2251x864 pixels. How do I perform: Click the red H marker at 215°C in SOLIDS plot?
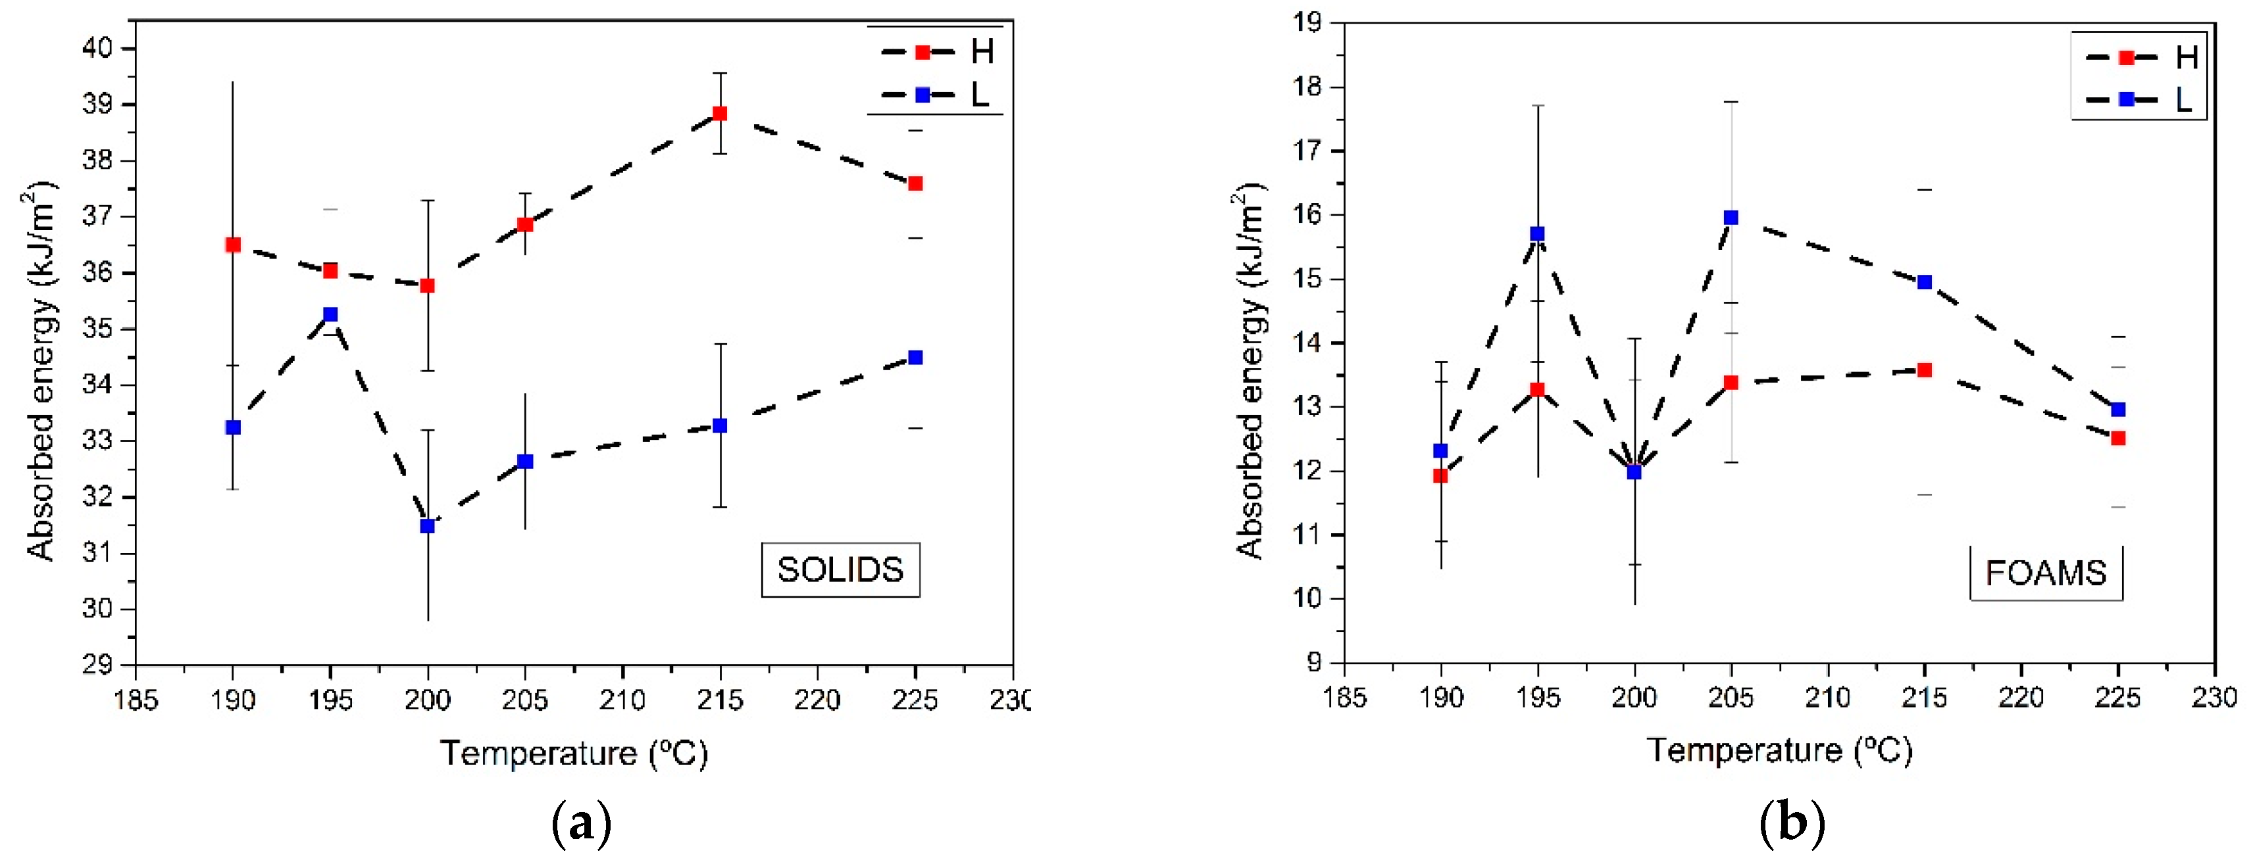point(719,114)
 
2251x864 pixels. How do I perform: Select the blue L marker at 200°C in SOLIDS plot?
point(427,526)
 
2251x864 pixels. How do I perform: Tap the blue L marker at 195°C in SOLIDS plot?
point(330,314)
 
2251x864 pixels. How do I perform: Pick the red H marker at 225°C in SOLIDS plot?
point(915,183)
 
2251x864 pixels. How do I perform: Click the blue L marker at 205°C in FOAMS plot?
point(1731,218)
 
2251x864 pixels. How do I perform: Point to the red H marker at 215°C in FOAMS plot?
point(1924,370)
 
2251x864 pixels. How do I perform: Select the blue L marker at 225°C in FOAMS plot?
point(2118,410)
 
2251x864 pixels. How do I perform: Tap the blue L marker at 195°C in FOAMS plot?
point(1537,234)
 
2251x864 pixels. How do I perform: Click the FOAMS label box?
point(2046,573)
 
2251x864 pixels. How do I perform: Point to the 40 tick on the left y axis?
point(98,48)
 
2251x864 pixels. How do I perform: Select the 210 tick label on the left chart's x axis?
point(622,700)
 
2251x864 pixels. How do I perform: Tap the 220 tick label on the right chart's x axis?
point(2021,697)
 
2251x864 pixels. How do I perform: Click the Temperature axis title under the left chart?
point(573,753)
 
